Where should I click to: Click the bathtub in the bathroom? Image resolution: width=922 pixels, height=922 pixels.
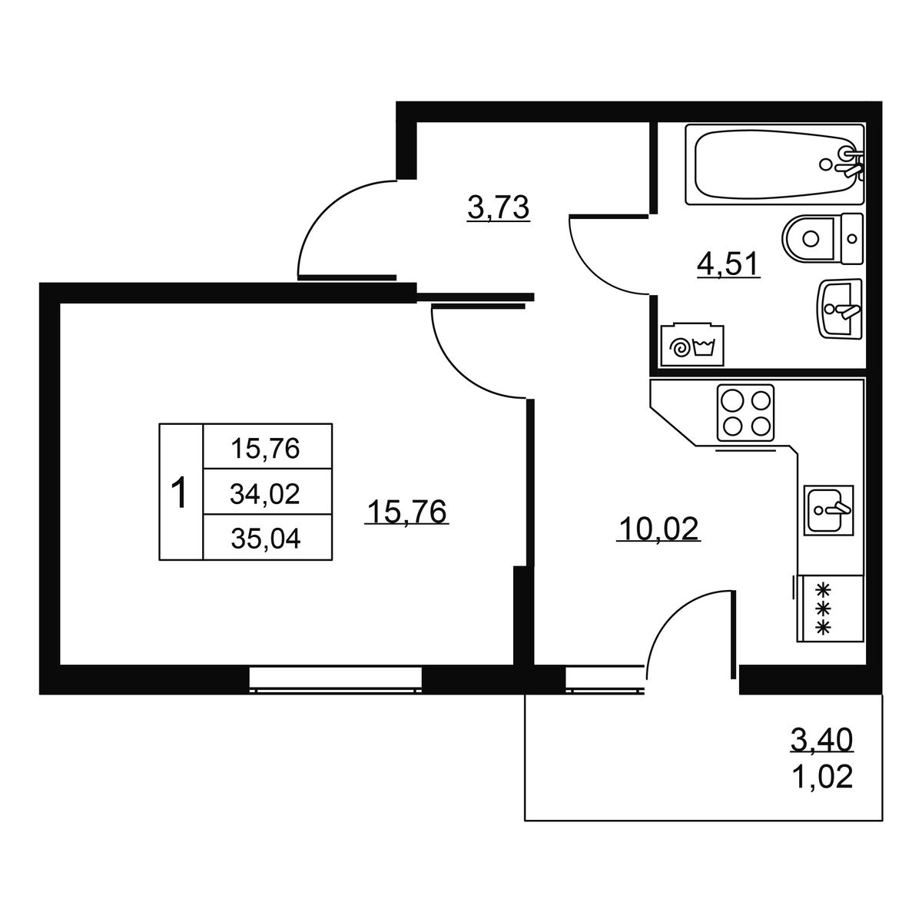pyautogui.click(x=774, y=164)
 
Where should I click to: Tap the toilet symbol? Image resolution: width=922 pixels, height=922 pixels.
pyautogui.click(x=822, y=238)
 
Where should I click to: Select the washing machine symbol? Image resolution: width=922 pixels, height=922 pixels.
pyautogui.click(x=691, y=345)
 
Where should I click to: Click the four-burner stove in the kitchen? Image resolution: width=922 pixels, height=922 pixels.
pyautogui.click(x=745, y=413)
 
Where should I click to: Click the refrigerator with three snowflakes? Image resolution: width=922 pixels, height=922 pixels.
pyautogui.click(x=830, y=609)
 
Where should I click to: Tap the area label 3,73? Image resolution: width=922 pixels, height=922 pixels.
pyautogui.click(x=498, y=209)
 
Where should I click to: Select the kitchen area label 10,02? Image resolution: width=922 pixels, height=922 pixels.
pyautogui.click(x=658, y=529)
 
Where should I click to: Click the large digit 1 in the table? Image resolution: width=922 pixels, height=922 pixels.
pyautogui.click(x=181, y=493)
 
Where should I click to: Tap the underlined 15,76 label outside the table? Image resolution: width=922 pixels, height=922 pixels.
pyautogui.click(x=406, y=512)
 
